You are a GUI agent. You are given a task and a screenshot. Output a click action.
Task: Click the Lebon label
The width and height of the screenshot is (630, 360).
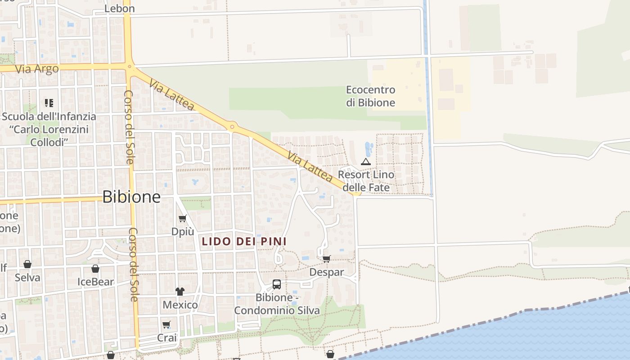pos(119,9)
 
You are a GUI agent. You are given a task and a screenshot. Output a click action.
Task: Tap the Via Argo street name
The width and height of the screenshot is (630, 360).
pos(37,69)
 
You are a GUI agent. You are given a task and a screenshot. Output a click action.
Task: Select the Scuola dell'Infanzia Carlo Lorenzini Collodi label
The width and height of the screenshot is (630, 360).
pos(49,129)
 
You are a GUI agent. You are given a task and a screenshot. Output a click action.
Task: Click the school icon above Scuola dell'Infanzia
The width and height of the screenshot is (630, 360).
pos(49,103)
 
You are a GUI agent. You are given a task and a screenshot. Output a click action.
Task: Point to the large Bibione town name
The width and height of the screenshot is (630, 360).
pos(131,197)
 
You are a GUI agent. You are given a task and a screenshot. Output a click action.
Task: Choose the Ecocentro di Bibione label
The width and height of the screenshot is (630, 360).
pos(370,96)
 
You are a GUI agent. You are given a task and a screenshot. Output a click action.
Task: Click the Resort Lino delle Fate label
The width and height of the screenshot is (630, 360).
pos(366,180)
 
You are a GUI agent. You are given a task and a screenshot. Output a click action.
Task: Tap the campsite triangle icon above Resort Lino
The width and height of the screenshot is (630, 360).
pos(366,162)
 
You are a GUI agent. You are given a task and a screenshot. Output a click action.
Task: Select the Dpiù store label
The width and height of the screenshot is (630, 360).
pos(183,231)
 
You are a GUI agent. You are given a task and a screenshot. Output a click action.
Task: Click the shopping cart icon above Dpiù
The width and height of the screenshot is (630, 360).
pos(182,219)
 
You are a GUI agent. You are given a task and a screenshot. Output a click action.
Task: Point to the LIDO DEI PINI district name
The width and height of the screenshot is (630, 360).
pos(244,242)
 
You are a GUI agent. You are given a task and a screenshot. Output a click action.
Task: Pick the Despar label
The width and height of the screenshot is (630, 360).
pos(326,272)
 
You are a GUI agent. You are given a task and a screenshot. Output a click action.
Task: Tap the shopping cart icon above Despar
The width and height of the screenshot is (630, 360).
pos(327,259)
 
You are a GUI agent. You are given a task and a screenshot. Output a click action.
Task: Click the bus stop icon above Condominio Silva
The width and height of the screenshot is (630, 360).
pos(277,284)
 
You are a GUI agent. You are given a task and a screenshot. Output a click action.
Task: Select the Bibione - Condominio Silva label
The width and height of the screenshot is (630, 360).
pos(277,304)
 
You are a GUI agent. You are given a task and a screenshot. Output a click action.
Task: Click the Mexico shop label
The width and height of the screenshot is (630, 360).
pos(180,305)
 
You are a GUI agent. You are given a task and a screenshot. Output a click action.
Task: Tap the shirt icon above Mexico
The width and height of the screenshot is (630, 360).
pos(180,292)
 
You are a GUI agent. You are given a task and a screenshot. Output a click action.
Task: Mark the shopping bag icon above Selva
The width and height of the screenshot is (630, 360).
pos(27,264)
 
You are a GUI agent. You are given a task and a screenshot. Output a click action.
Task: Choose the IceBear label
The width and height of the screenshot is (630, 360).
pos(95,282)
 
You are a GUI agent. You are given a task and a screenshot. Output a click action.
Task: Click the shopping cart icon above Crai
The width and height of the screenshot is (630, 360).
pos(166,324)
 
